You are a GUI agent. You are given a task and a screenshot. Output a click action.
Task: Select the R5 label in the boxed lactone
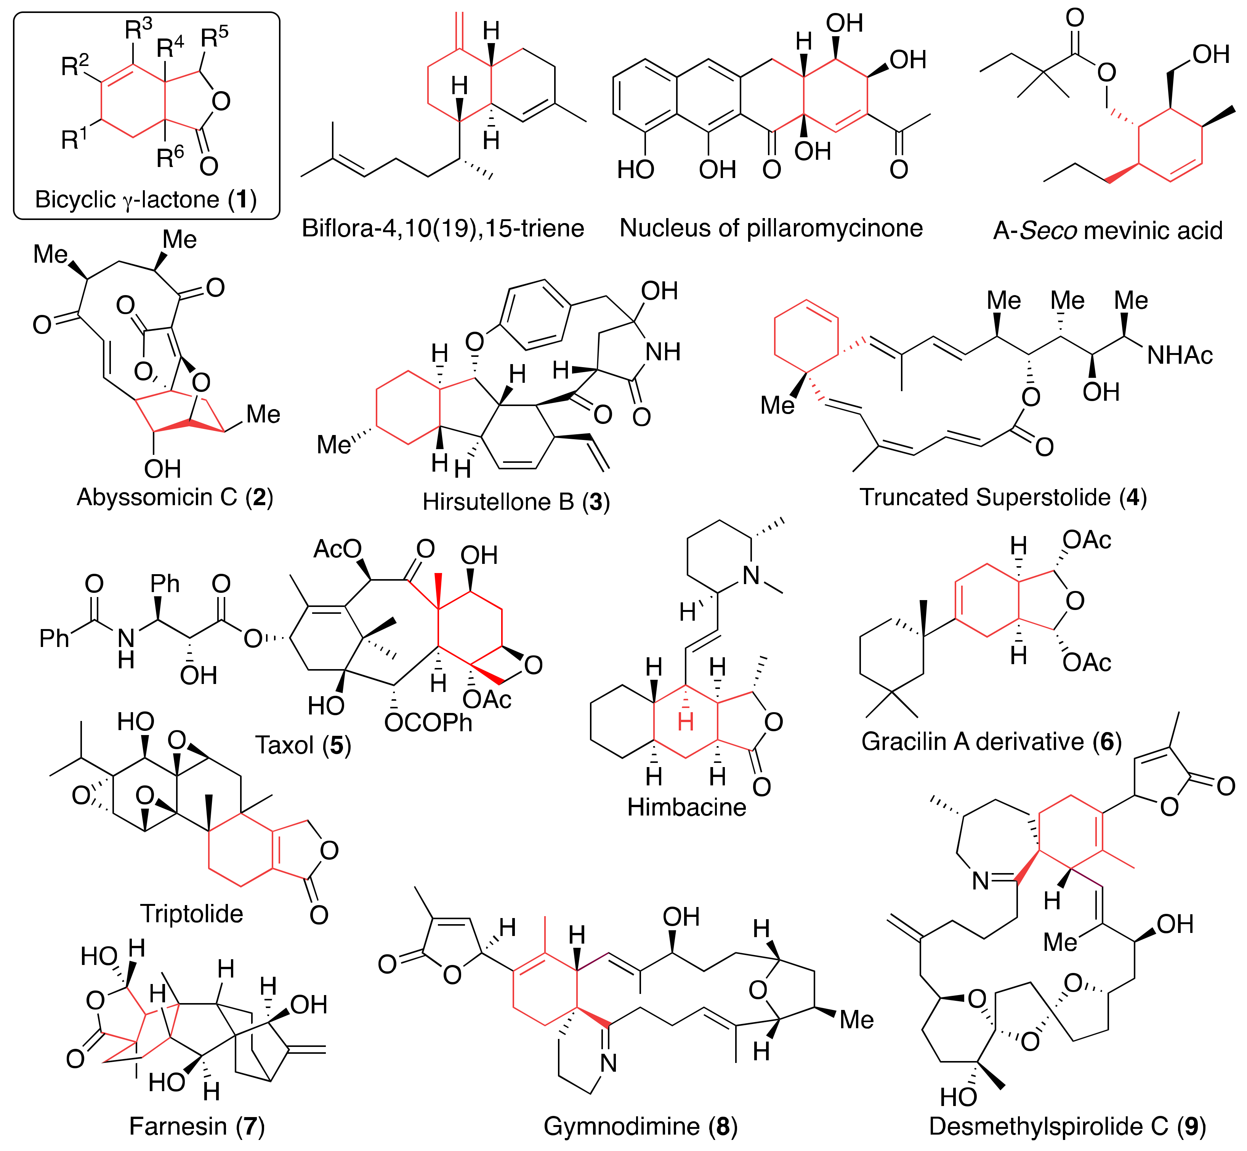coord(213,37)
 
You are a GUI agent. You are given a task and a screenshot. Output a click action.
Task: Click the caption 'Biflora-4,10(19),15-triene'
coord(442,229)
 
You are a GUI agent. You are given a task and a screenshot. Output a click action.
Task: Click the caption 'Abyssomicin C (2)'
coord(175,497)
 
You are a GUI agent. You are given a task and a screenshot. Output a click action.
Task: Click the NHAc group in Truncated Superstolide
coord(1180,356)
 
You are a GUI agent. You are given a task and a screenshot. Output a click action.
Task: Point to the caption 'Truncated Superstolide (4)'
coord(1003,497)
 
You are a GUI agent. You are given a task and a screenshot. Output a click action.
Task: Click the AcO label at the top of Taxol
coord(337,549)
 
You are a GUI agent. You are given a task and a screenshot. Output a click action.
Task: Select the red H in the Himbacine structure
coord(686,722)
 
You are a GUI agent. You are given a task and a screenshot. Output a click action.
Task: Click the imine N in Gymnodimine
coord(608,1063)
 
